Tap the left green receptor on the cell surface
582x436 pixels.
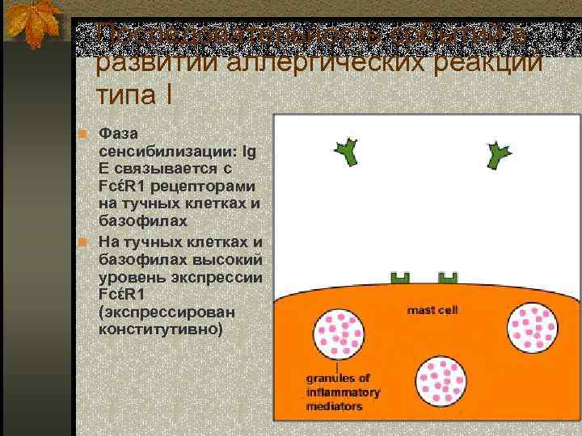(x=399, y=279)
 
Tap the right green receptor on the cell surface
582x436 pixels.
(x=446, y=279)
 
